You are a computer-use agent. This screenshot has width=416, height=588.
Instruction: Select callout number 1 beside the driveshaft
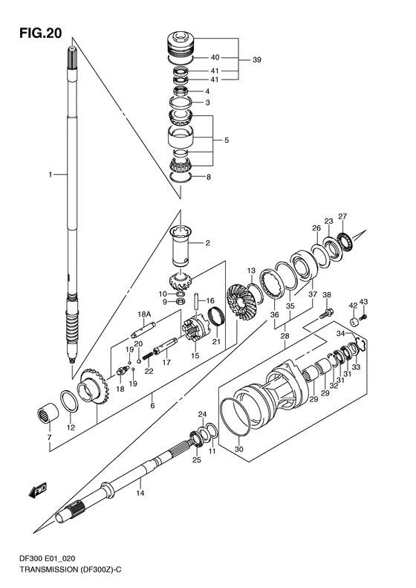pos(51,175)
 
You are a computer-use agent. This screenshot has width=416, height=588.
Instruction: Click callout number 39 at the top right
pos(256,60)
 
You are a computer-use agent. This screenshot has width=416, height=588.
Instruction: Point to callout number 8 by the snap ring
pos(209,177)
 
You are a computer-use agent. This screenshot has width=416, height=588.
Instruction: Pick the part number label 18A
pos(145,314)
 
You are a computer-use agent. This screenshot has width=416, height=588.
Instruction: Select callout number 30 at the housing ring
pos(238,448)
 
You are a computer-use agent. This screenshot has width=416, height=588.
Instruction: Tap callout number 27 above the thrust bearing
pos(342,216)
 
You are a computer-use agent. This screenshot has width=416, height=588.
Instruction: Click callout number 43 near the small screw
pos(363,302)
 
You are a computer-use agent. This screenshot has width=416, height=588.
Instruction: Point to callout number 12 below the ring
pos(71,427)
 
